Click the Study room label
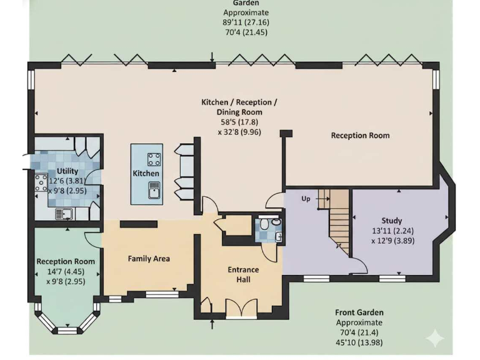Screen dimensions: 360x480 pos(392,221)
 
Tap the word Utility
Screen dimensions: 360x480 pos(67,171)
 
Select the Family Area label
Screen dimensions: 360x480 pos(149,258)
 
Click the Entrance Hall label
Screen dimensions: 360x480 pos(243,274)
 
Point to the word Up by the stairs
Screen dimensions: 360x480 pos(306,199)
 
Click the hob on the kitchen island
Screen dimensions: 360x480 pos(154,158)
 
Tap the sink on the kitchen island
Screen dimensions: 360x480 pos(154,189)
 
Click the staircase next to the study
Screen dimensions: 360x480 pos(338,222)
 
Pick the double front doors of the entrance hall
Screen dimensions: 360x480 pos(241,309)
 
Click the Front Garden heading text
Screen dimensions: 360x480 pos(359,312)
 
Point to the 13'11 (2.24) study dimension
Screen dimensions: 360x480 pos(392,231)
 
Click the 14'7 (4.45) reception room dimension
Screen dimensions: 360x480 pos(66,271)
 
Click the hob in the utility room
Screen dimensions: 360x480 pos(41,182)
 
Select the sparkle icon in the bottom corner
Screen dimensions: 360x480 pos(435,338)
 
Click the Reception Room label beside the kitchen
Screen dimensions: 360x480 pos(360,135)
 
